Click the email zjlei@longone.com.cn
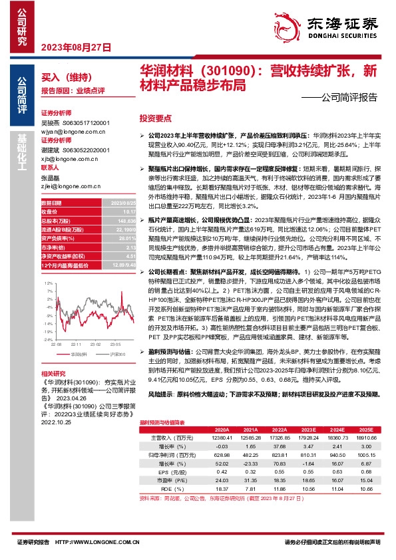tap(67, 169)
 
